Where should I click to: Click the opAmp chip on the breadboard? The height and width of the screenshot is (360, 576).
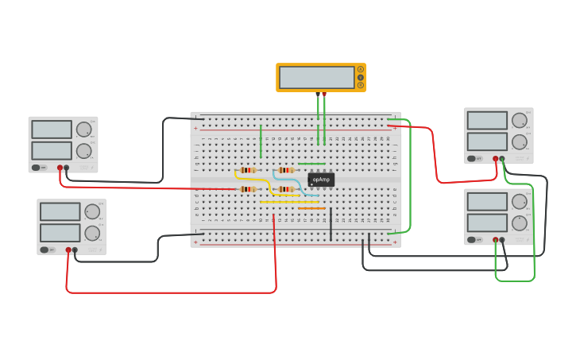pos(321,180)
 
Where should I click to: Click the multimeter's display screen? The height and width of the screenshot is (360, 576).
pos(317,77)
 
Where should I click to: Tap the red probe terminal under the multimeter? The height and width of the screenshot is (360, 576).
pos(324,94)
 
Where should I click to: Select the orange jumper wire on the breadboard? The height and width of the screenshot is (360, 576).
pos(311,208)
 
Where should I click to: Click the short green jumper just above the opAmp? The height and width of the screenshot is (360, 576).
pos(311,164)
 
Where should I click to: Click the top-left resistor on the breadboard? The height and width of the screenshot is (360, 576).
pos(248,170)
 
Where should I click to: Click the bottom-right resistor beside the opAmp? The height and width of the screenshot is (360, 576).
pos(286,189)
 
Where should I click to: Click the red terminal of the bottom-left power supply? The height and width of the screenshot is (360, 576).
pos(68,250)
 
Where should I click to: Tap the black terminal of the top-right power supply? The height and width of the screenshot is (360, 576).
pos(502,158)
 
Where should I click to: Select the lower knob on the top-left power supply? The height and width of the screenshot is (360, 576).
pos(83,151)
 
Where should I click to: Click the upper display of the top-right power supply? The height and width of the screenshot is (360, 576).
pos(487,120)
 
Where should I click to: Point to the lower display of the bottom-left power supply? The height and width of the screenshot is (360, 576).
pos(60,232)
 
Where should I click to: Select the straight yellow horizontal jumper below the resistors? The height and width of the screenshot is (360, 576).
pos(289,202)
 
